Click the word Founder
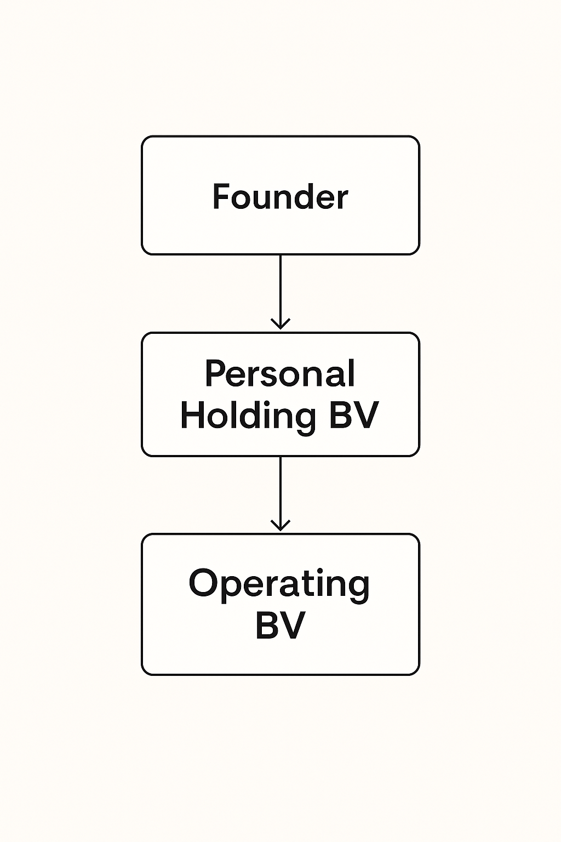pyautogui.click(x=280, y=196)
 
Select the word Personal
pyautogui.click(x=280, y=373)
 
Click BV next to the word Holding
pyautogui.click(x=353, y=415)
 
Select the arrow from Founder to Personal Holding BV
pyautogui.click(x=280, y=292)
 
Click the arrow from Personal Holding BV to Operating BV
pyautogui.click(x=280, y=493)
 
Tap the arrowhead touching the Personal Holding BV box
pyautogui.click(x=280, y=323)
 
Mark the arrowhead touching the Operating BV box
pyautogui.click(x=280, y=525)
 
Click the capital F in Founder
pyautogui.click(x=221, y=196)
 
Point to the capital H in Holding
pyautogui.click(x=192, y=415)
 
